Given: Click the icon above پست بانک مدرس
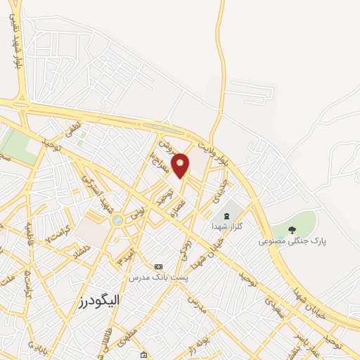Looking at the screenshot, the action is tap(158, 266).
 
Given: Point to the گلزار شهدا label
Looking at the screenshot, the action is tap(226, 226).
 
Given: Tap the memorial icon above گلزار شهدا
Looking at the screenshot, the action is tap(226, 215).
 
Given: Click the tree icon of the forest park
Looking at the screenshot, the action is tap(292, 230).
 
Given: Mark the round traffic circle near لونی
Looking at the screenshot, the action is tap(117, 221).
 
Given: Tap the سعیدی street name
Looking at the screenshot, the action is tap(274, 307).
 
